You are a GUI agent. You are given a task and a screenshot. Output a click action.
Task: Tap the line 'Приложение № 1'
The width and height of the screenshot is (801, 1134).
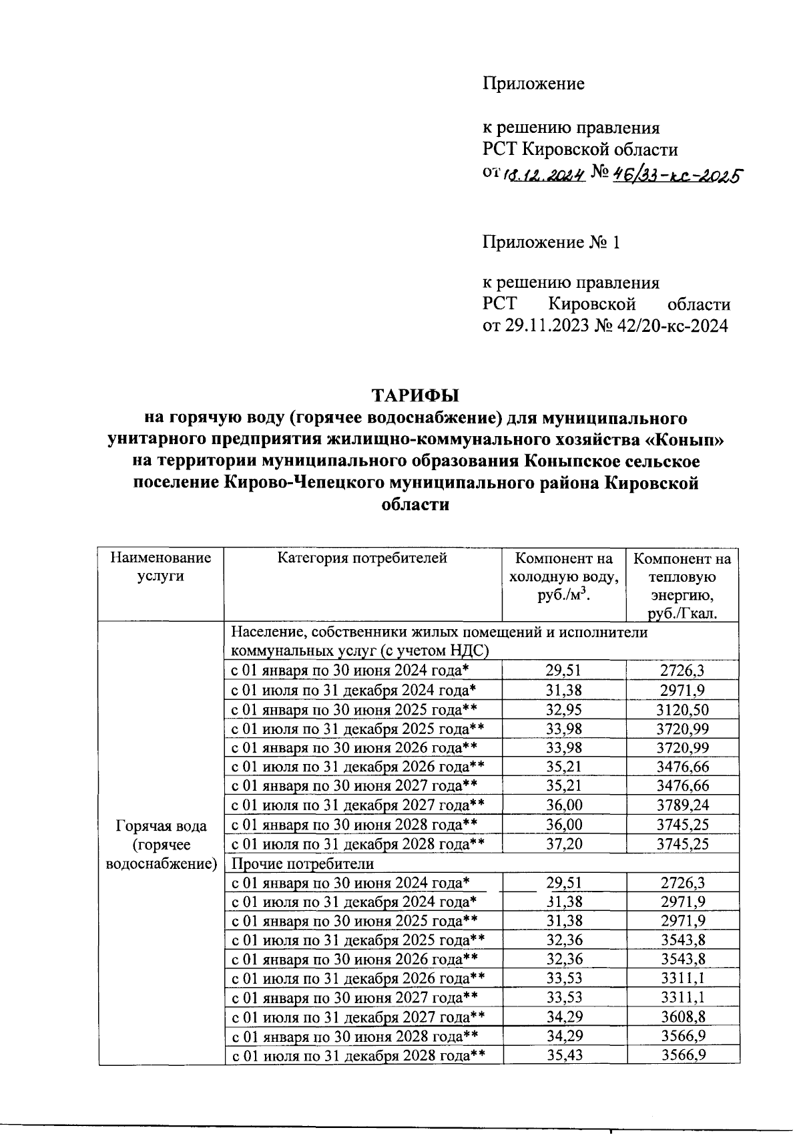(551, 242)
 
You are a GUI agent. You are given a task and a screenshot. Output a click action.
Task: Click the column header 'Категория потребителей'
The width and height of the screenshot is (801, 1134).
(362, 558)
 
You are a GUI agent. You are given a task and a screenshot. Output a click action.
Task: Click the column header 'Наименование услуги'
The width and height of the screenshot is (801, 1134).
(160, 567)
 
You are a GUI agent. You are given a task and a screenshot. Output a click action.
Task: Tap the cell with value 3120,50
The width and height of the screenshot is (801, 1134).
(682, 709)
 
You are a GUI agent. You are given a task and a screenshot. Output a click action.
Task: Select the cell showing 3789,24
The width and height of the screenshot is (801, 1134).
(682, 805)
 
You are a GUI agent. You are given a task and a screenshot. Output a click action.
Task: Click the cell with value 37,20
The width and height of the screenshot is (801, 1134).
(564, 844)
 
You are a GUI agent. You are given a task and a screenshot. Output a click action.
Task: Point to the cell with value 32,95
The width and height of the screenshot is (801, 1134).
(564, 709)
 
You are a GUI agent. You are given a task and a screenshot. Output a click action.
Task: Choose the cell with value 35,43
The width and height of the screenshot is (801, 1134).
(564, 1056)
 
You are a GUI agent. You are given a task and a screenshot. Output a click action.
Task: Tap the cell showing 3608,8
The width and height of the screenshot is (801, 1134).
(682, 1017)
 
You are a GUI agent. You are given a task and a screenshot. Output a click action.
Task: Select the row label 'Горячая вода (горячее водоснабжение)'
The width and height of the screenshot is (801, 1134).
(161, 845)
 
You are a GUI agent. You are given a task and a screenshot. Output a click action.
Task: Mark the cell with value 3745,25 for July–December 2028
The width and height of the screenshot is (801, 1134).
(682, 844)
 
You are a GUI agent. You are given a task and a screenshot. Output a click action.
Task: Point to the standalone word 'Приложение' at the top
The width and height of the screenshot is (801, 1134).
(533, 84)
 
